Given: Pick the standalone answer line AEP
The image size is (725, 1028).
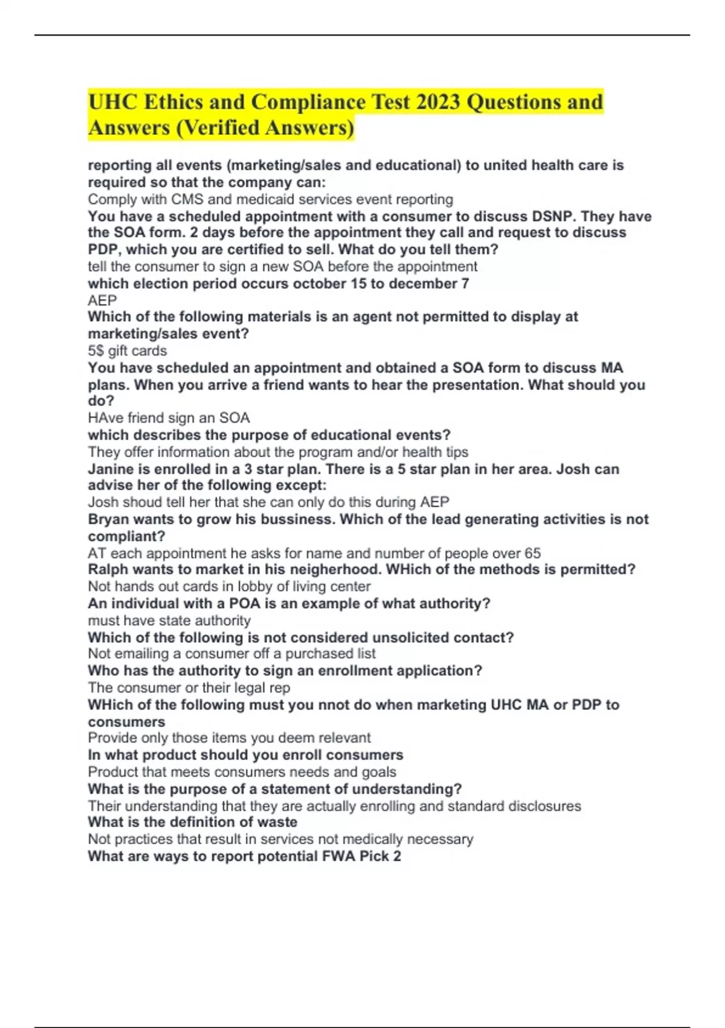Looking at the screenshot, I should pos(102,301).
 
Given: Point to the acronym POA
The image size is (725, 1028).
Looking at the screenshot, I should pos(245,603).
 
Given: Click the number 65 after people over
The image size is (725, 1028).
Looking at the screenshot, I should pos(532,553).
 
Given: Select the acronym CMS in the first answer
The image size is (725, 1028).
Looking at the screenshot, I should pos(187,200).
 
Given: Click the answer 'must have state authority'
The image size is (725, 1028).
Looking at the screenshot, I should pos(169,620).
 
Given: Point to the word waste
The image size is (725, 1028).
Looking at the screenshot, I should pos(275,822).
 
